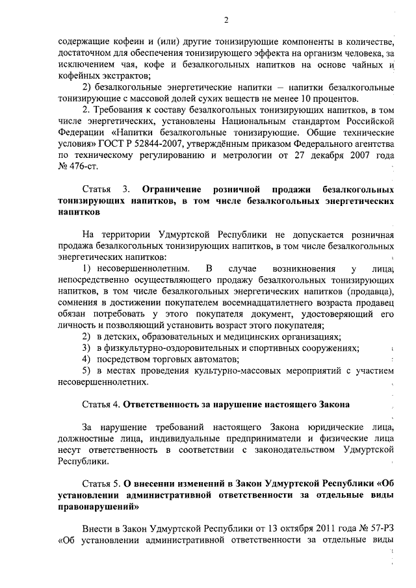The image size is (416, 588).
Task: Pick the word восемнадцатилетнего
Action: coord(252,303)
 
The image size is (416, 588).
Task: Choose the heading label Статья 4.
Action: coord(101,404)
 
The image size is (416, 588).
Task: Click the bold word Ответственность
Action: coord(168,404)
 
